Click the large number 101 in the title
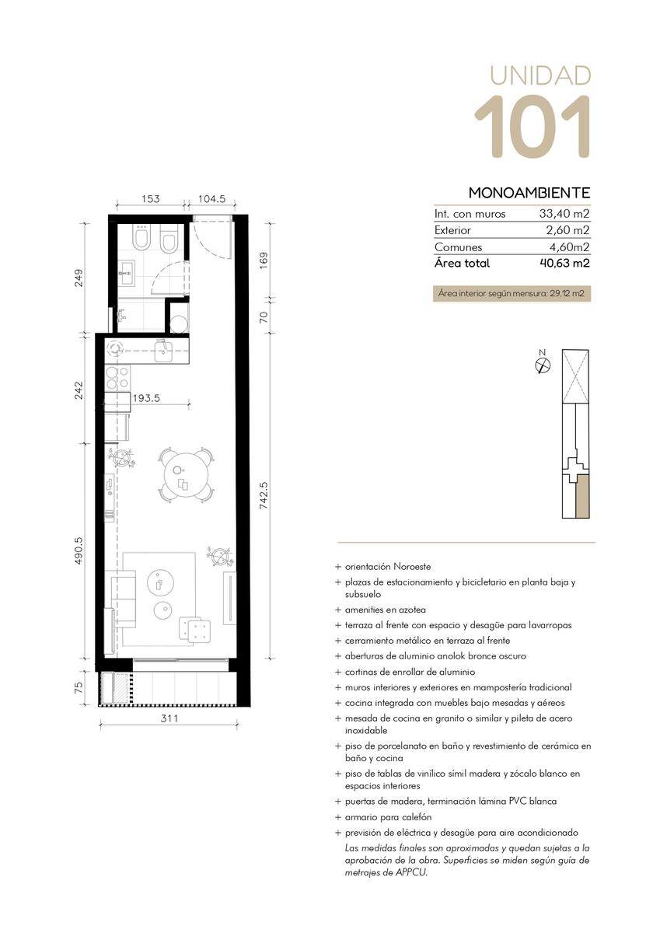[x=533, y=127]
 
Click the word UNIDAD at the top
[x=540, y=75]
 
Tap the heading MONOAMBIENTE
[x=529, y=193]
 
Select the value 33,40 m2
[x=564, y=214]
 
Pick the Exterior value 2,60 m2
[x=568, y=230]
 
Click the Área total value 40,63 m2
[x=564, y=264]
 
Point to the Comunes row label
[x=458, y=247]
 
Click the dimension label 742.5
[x=264, y=496]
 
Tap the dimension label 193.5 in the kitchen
[x=146, y=398]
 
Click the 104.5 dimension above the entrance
[x=211, y=199]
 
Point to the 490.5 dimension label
[x=79, y=550]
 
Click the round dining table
[x=187, y=475]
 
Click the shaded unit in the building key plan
[x=583, y=497]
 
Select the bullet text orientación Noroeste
[x=388, y=567]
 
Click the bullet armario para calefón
[x=388, y=817]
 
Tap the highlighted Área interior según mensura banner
[x=512, y=293]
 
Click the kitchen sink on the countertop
[x=165, y=351]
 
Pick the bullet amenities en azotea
[x=385, y=610]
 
